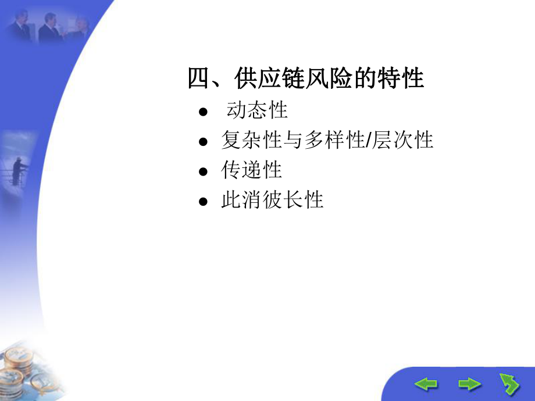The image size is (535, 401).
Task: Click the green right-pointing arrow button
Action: click(x=469, y=384)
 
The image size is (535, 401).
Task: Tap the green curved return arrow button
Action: click(x=509, y=384)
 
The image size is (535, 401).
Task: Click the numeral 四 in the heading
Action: click(x=198, y=78)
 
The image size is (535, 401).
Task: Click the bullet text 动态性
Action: click(x=257, y=110)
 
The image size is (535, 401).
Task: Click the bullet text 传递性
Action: click(x=251, y=170)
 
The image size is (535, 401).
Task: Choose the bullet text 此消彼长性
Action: click(x=272, y=201)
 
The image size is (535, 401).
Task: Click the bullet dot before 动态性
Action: click(x=202, y=112)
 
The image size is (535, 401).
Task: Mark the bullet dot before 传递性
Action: click(x=202, y=172)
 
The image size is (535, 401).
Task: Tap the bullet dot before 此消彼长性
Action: click(x=202, y=202)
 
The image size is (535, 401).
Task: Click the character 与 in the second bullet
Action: click(x=292, y=140)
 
